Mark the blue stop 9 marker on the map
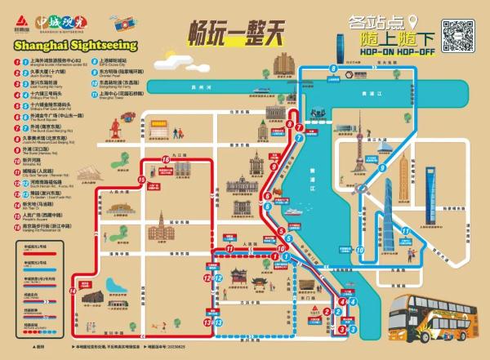(381, 169)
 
